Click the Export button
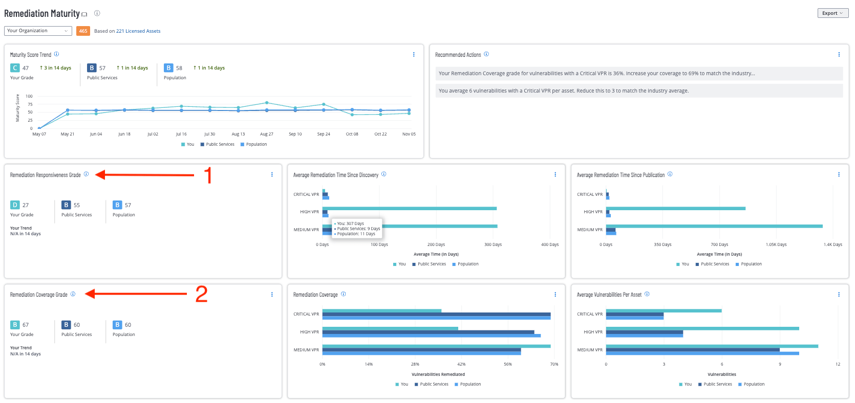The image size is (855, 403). [x=832, y=13]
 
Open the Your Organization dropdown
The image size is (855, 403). [x=38, y=31]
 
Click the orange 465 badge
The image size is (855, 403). [x=83, y=31]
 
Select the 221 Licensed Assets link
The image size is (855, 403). [x=138, y=31]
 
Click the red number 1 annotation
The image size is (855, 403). [x=208, y=175]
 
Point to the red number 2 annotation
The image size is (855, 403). [x=201, y=294]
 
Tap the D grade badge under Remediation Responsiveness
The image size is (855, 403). [x=15, y=205]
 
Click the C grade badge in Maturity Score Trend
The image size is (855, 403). [x=15, y=68]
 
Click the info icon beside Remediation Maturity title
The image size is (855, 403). [x=97, y=13]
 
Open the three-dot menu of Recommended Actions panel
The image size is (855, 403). [x=839, y=54]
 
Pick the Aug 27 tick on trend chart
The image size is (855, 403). [x=266, y=134]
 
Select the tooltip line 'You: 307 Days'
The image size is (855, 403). [x=350, y=223]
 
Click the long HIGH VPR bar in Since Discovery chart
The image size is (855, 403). [x=410, y=209]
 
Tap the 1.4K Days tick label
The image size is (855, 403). [x=832, y=244]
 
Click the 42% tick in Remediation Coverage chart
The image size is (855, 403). [x=461, y=364]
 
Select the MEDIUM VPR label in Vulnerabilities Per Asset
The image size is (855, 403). [x=590, y=350]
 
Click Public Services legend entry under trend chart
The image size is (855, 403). [x=220, y=144]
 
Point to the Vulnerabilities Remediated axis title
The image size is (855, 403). [x=438, y=374]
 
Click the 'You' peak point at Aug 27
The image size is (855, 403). [x=267, y=103]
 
